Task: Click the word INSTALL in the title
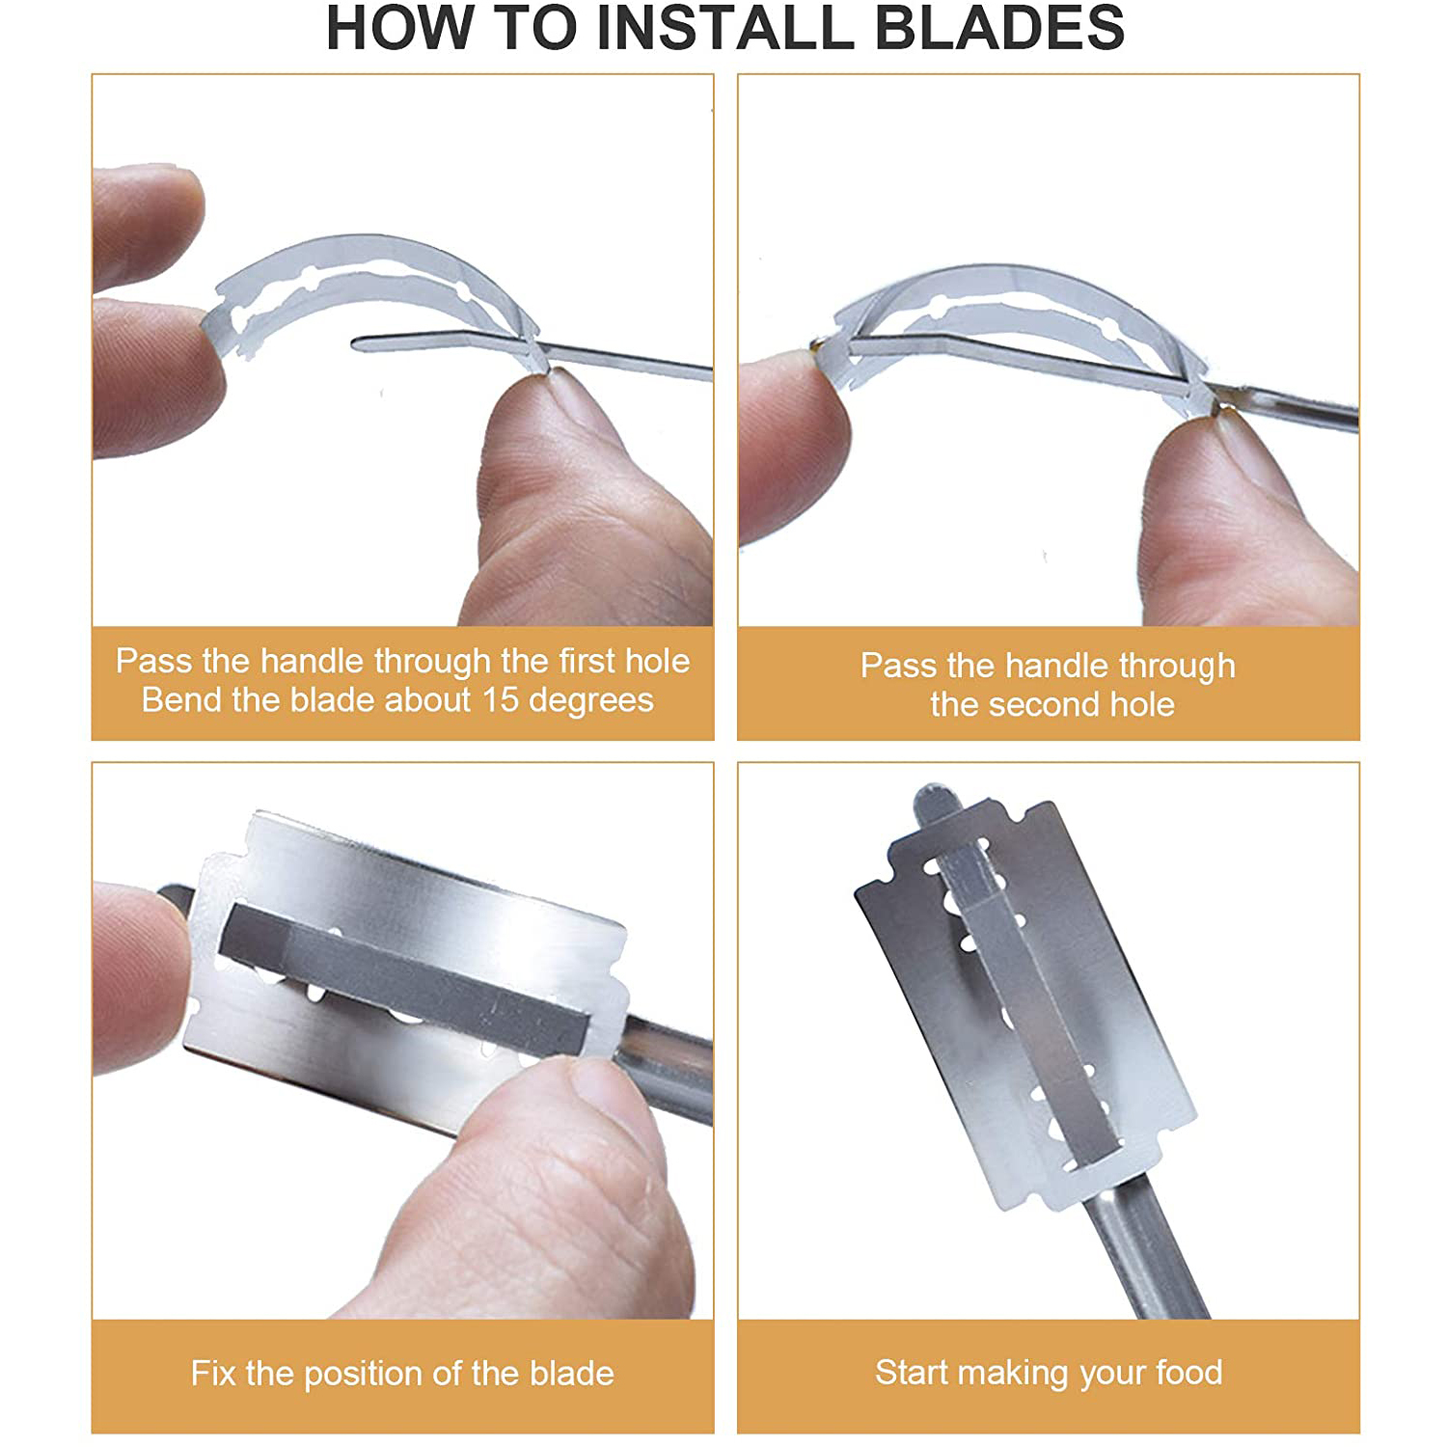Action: coord(723,27)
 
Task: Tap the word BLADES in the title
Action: coord(999,27)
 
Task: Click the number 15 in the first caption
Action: coord(500,699)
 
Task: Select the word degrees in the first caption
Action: coord(591,701)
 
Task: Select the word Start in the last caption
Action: coord(912,1372)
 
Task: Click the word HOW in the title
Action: coord(401,27)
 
